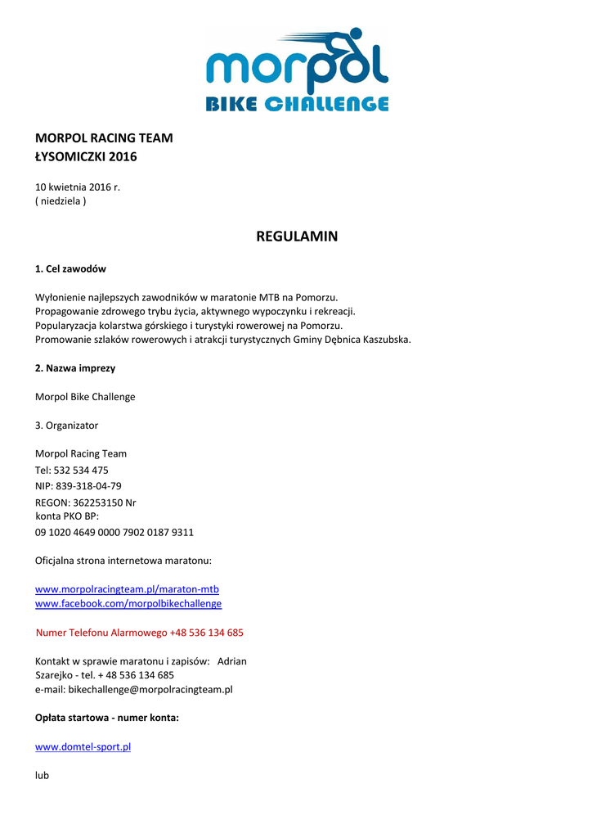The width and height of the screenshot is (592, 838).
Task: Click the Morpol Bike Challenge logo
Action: tap(296, 70)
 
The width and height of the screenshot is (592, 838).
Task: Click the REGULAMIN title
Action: tap(296, 237)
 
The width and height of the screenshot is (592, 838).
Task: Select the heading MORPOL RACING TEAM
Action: tap(104, 138)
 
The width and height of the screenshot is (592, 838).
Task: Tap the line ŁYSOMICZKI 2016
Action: tap(86, 157)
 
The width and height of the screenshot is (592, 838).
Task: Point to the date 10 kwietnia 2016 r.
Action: tap(78, 187)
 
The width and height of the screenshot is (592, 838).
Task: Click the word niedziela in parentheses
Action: tap(61, 201)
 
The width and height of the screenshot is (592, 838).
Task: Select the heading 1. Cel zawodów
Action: tap(70, 269)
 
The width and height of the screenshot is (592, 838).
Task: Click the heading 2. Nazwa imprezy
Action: tap(75, 368)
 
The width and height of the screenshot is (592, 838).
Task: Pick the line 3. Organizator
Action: tap(66, 426)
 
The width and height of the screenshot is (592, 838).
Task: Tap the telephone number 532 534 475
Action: tap(81, 471)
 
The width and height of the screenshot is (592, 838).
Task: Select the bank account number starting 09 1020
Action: tap(114, 533)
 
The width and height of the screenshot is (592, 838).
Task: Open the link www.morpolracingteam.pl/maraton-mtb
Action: tap(127, 589)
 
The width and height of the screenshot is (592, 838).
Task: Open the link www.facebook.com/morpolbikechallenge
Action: tap(128, 604)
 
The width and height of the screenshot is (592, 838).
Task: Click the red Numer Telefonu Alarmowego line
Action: tap(140, 633)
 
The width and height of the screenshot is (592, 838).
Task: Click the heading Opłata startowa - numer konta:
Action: tap(107, 718)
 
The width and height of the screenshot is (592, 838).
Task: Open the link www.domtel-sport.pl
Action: tap(83, 747)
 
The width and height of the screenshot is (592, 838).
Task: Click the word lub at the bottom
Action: tap(42, 775)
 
